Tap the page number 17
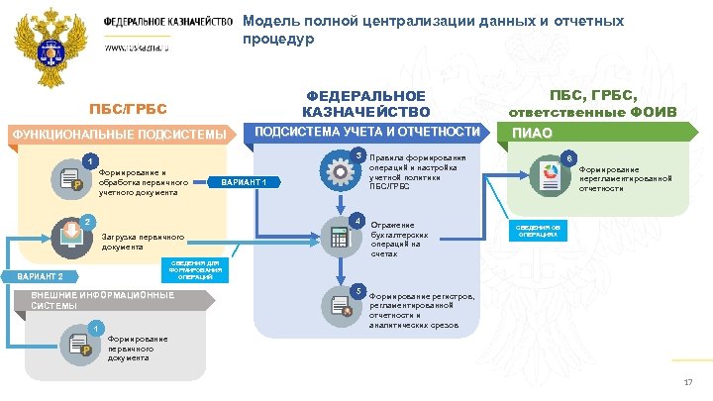(x=688, y=383)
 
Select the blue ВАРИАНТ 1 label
(x=243, y=182)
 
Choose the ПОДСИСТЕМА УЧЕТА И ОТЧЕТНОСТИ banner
(x=368, y=132)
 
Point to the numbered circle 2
(x=86, y=221)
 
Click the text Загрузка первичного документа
(x=144, y=242)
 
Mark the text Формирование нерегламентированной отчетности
(x=625, y=177)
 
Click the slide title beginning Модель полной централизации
(x=433, y=30)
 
